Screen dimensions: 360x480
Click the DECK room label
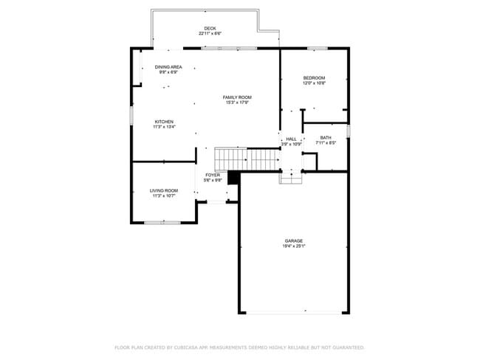[210, 29]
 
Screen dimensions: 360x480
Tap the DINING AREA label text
[168, 67]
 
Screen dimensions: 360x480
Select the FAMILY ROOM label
[239, 97]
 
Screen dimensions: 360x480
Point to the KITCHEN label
[164, 122]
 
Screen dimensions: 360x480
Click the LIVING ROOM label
[164, 190]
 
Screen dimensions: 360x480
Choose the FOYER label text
[213, 175]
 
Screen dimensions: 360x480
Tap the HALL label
[292, 139]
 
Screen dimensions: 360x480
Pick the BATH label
[326, 138]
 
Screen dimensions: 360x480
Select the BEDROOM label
[314, 78]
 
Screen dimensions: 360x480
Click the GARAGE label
[294, 240]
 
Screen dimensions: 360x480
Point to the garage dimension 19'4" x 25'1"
[294, 246]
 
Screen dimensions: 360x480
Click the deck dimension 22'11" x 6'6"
[210, 34]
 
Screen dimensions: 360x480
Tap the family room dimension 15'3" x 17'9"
[239, 103]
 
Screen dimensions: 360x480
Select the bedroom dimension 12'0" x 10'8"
[314, 83]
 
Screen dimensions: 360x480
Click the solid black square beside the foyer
[234, 178]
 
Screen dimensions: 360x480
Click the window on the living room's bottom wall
[162, 222]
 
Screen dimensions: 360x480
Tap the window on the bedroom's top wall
[318, 49]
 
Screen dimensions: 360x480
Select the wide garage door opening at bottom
[294, 314]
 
